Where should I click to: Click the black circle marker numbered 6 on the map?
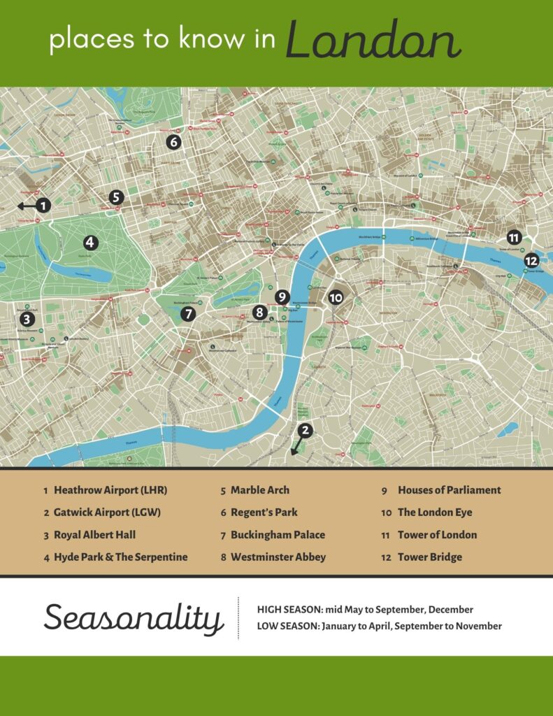point(173,142)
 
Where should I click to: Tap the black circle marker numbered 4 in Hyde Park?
point(89,243)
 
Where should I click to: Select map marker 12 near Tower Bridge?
point(531,261)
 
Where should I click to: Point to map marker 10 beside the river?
point(336,297)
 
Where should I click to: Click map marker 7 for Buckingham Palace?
point(187,314)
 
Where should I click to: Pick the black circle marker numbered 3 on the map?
point(27,320)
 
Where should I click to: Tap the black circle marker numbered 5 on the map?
point(116,198)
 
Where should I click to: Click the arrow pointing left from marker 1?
point(26,206)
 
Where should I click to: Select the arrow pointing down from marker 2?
point(296,446)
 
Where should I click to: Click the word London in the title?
point(373,41)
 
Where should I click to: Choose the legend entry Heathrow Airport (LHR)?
point(110,490)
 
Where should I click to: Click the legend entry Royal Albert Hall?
point(94,535)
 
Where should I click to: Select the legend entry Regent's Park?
point(264,513)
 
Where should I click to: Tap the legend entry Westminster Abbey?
point(278,557)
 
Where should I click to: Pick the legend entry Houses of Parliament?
point(449,490)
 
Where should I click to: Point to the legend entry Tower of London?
point(437,535)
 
